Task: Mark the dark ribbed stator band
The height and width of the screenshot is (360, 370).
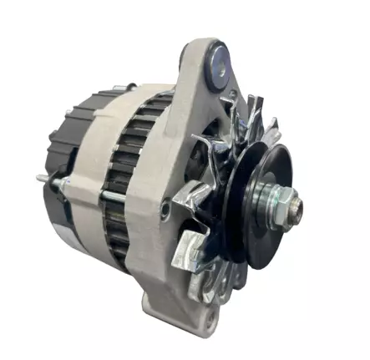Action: pos(125,167)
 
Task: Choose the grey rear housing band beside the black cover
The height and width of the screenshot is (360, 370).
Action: pos(88,180)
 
